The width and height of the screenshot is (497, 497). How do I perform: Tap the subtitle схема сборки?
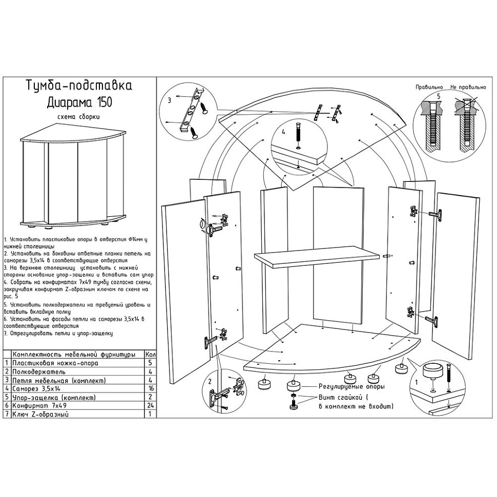pyautogui.click(x=78, y=117)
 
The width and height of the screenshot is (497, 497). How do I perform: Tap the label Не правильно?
pyautogui.click(x=467, y=88)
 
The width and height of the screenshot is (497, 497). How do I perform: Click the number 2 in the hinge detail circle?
pyautogui.click(x=209, y=382)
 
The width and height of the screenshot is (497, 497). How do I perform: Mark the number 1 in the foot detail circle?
pyautogui.click(x=416, y=382)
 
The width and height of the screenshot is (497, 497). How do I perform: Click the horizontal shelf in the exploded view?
pyautogui.click(x=318, y=260)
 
